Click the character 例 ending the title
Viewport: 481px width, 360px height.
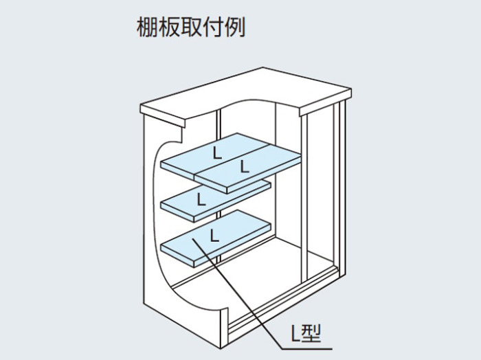coord(234,27)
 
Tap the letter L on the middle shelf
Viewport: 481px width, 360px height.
coord(201,199)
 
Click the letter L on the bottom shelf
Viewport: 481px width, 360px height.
coord(214,235)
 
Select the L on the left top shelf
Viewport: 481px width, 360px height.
coord(217,153)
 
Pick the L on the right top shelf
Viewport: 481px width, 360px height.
coord(245,166)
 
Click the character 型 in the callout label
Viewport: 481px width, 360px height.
coord(311,333)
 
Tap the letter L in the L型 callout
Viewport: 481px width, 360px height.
coord(295,334)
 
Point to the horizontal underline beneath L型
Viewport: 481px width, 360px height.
coord(306,348)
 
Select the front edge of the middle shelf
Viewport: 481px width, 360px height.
coord(177,209)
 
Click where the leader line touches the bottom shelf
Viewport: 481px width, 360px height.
coord(193,238)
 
